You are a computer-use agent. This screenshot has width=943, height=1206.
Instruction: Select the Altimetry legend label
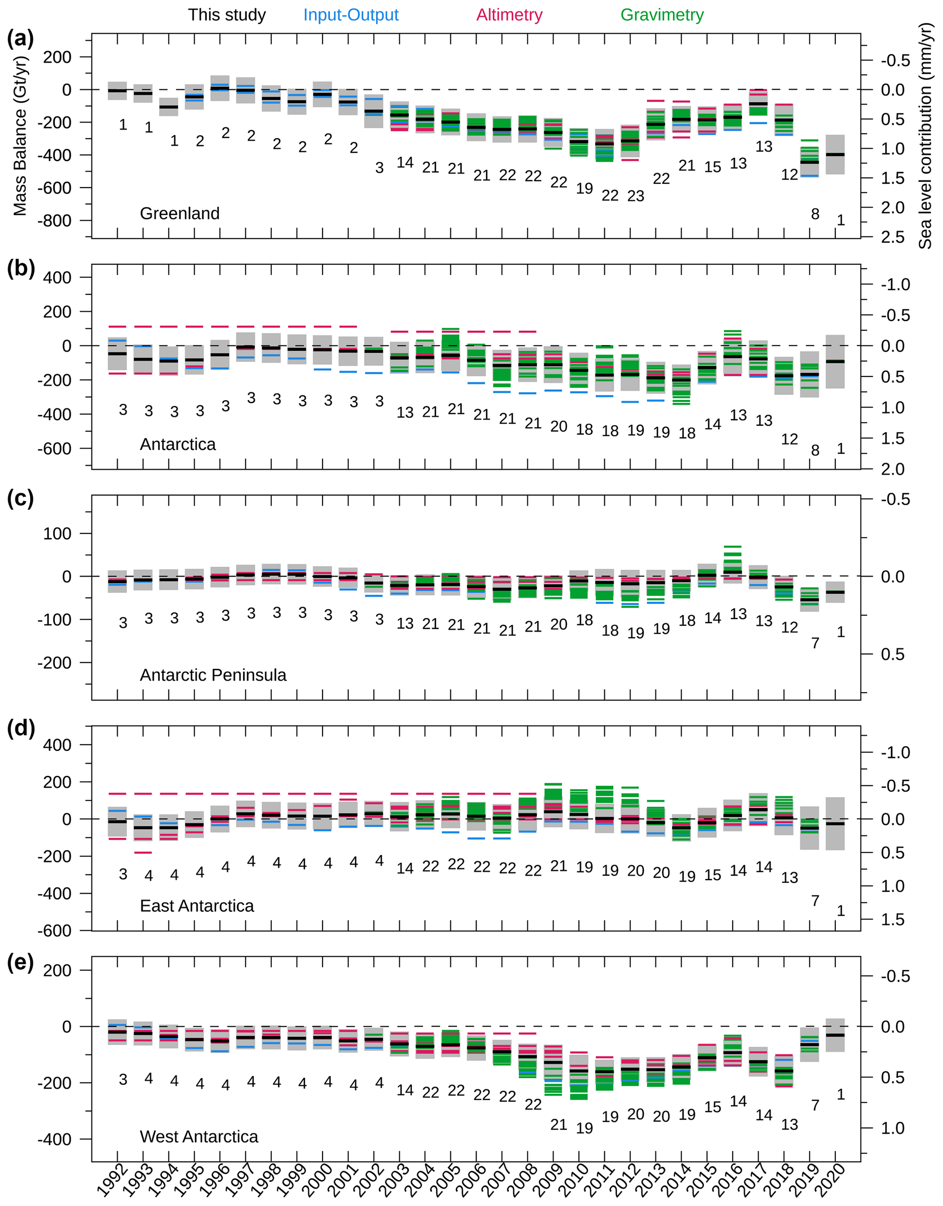click(x=509, y=15)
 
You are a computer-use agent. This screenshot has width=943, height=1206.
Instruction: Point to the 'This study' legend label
click(x=227, y=15)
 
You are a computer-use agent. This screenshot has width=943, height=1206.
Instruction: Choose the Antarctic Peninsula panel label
click(x=213, y=675)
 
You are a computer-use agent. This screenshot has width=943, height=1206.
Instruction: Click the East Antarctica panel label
click(x=197, y=906)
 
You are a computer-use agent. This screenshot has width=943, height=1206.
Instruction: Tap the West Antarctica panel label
click(x=199, y=1137)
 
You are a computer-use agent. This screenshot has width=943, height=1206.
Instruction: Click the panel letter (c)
click(x=21, y=498)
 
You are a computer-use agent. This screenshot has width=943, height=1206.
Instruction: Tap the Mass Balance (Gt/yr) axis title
click(x=20, y=135)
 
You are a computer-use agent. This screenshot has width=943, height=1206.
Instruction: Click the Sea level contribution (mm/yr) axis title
click(x=925, y=135)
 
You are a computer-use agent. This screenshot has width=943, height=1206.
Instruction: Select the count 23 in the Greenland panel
click(x=636, y=196)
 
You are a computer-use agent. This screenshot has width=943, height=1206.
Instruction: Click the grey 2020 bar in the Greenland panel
click(x=835, y=155)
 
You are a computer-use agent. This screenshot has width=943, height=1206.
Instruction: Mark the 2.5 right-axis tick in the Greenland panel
click(x=892, y=237)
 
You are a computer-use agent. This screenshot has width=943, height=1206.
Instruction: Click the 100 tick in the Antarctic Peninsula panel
click(x=57, y=534)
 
